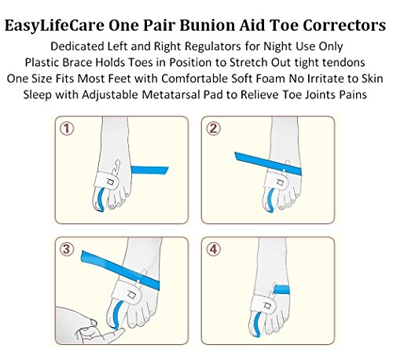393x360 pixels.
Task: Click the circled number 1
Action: click(x=67, y=129)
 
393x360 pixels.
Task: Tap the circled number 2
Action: click(x=214, y=129)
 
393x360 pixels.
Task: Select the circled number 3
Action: click(x=67, y=249)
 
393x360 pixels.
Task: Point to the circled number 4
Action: click(x=214, y=249)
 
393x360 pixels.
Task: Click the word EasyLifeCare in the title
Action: click(x=54, y=26)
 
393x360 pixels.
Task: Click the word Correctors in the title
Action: click(x=344, y=25)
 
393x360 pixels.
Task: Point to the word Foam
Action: click(x=274, y=79)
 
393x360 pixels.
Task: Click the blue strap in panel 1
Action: click(x=149, y=171)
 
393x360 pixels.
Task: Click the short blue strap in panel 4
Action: click(x=281, y=290)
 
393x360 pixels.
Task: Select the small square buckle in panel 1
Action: click(x=111, y=182)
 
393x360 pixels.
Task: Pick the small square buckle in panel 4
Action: click(x=267, y=306)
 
